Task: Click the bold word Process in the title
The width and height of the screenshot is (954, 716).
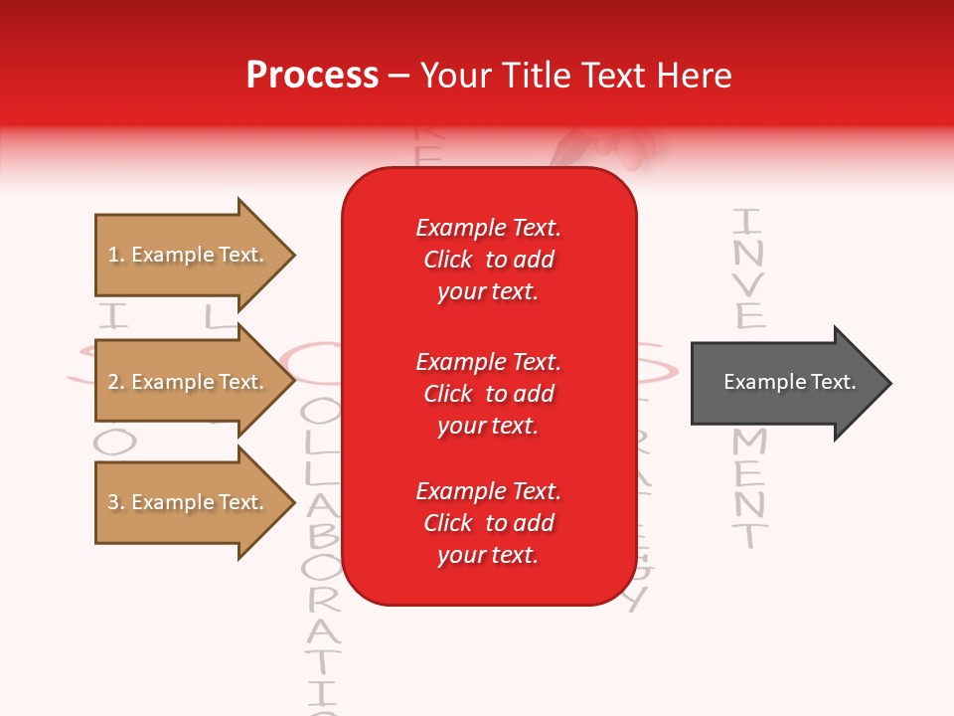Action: pos(312,76)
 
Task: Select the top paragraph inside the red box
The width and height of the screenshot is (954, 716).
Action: pos(488,260)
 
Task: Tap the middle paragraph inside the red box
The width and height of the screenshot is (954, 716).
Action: pos(488,394)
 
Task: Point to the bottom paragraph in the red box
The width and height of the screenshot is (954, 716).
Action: pos(488,523)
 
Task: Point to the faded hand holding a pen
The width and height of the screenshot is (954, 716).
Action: pos(606,149)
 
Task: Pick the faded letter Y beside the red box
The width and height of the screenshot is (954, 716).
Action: pos(639,598)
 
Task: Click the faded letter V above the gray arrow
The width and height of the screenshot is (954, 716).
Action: pos(749,284)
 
